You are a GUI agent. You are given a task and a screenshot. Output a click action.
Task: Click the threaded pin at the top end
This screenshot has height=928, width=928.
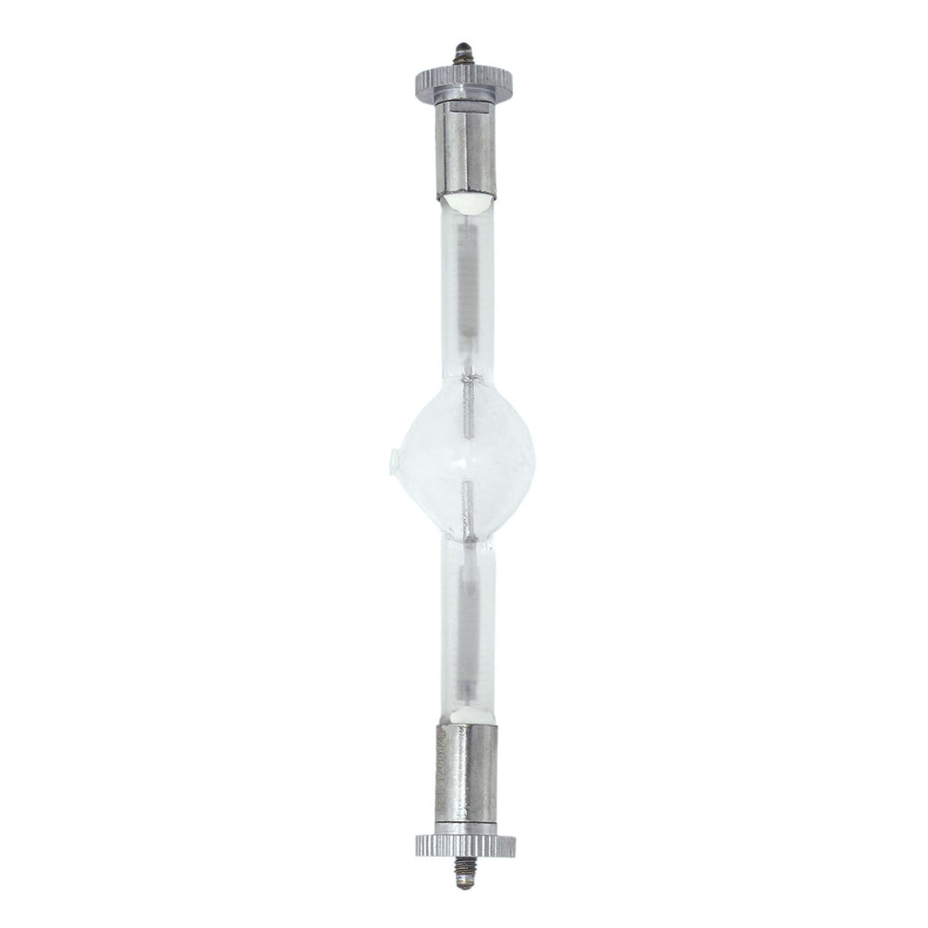pos(465,46)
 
